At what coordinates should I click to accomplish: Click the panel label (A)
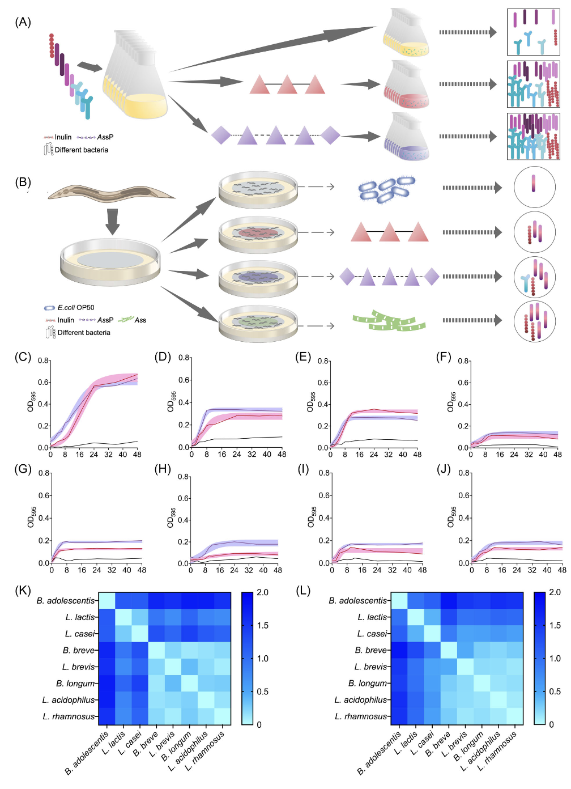[x=23, y=22]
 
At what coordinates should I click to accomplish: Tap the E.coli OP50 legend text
[x=76, y=308]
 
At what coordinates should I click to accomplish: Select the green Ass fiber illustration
[x=389, y=322]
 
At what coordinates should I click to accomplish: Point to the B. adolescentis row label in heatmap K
[x=66, y=601]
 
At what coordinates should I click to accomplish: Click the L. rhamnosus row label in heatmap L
[x=361, y=716]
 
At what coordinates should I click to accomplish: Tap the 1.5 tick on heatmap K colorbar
[x=262, y=625]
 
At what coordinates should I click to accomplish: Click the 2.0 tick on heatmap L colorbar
[x=555, y=592]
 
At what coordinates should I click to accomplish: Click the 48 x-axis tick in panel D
[x=282, y=455]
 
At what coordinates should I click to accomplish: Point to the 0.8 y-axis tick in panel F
[x=463, y=361]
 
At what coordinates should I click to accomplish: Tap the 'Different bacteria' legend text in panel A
[x=81, y=150]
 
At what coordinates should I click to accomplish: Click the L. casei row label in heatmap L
[x=372, y=634]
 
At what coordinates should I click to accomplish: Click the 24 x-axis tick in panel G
[x=97, y=570]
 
